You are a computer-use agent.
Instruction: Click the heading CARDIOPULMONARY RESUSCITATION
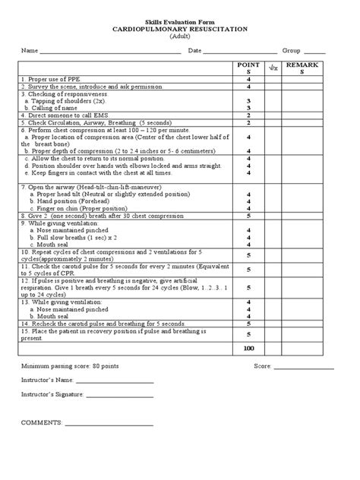tap(180, 28)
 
